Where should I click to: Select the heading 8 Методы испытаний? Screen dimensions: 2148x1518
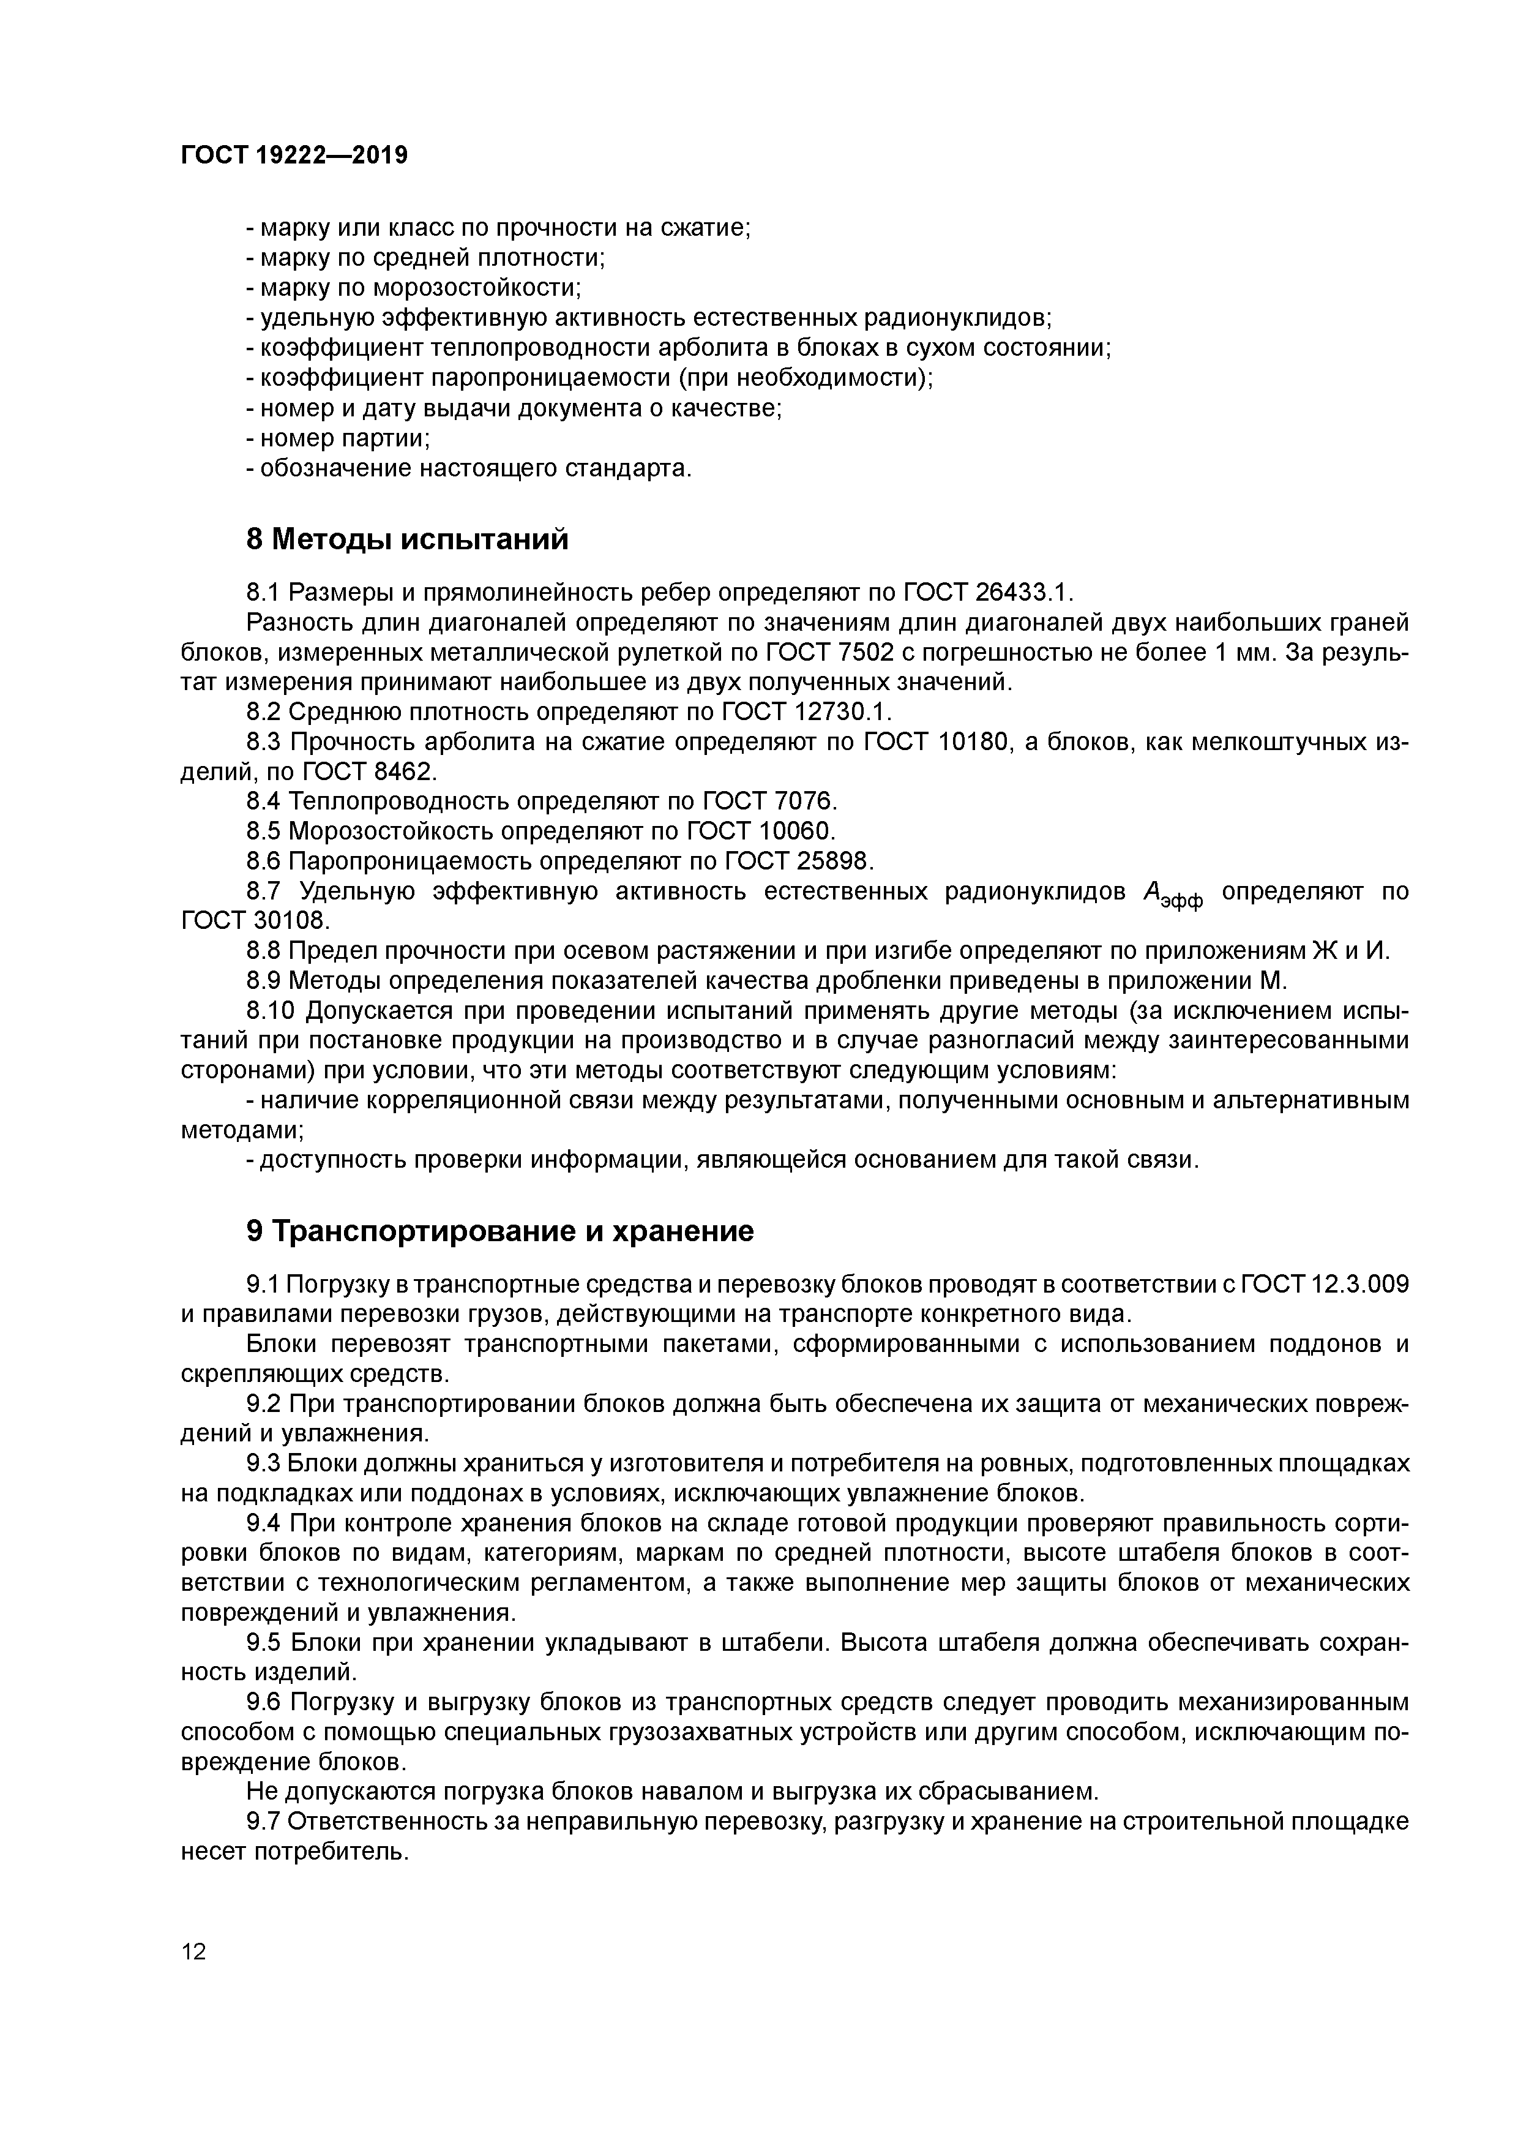(x=407, y=540)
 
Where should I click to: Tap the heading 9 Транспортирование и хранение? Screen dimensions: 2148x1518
(x=499, y=1231)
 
